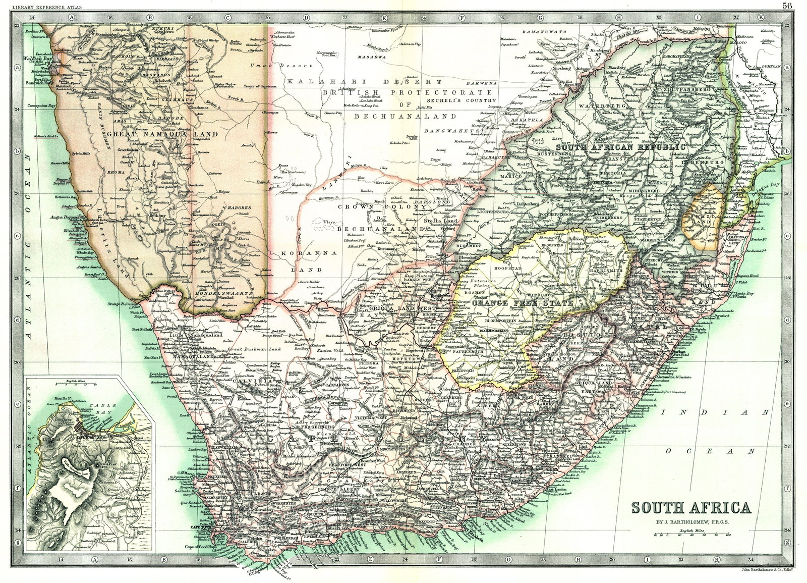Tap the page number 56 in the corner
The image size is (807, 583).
787,6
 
